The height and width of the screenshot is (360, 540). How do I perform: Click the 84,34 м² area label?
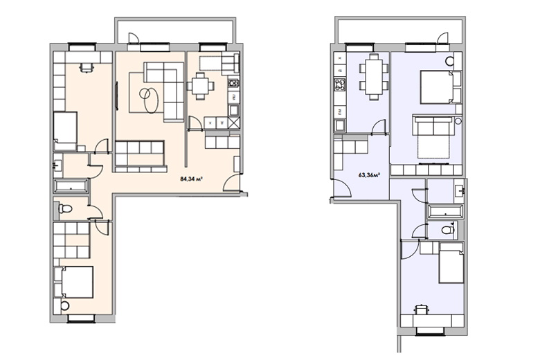(x=191, y=179)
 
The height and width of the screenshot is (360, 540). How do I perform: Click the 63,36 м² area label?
(x=369, y=175)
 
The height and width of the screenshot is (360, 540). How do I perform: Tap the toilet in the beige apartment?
(x=65, y=208)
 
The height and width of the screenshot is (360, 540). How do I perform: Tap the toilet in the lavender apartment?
(x=448, y=229)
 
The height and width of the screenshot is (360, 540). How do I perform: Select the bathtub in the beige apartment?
(x=71, y=186)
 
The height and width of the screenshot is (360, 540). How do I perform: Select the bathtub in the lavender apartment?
(x=445, y=211)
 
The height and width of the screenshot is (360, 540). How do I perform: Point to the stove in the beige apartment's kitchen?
(x=233, y=83)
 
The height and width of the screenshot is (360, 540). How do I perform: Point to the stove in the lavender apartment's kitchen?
(x=339, y=84)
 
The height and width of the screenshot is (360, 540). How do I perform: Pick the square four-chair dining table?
(x=200, y=86)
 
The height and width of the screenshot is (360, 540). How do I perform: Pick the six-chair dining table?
(x=374, y=77)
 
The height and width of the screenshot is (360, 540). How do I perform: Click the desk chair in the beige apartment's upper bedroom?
(x=86, y=67)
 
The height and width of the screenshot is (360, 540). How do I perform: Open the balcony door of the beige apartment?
(x=134, y=38)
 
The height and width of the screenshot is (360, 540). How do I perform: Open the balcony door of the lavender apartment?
(x=443, y=38)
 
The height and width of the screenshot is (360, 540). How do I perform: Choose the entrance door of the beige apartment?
(x=231, y=183)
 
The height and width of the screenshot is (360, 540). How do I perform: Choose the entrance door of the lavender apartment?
(x=342, y=188)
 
